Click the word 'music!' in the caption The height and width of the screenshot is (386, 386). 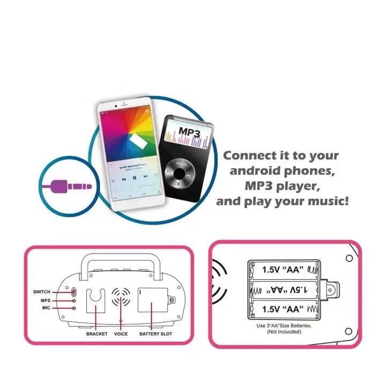coord(328,202)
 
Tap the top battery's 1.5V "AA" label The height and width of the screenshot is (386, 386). coord(283,269)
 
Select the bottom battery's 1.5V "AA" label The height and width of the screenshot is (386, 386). coord(283,309)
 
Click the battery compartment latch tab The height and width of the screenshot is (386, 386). coord(332,288)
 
